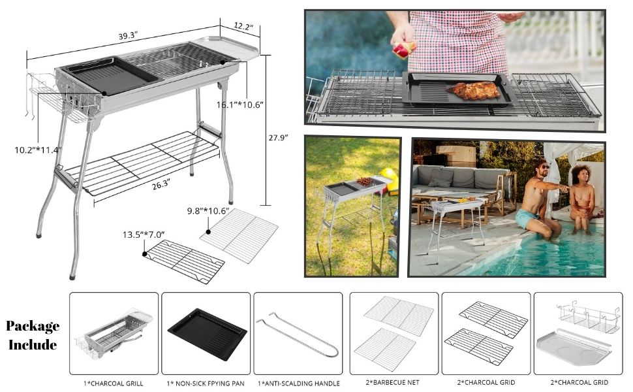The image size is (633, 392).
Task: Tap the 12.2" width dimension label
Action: (243, 26)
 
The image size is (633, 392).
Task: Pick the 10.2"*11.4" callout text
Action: (37, 150)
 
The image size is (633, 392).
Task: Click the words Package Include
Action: (33, 335)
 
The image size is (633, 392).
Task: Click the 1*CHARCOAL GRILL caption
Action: (114, 383)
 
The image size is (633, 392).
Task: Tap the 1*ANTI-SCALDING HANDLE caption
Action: (298, 383)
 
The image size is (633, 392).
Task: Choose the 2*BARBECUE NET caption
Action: (394, 383)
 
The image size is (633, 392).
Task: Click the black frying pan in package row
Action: (207, 333)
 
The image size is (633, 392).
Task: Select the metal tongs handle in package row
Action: (298, 333)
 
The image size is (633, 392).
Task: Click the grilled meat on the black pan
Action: (476, 91)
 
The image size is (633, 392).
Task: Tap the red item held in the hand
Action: (404, 49)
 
